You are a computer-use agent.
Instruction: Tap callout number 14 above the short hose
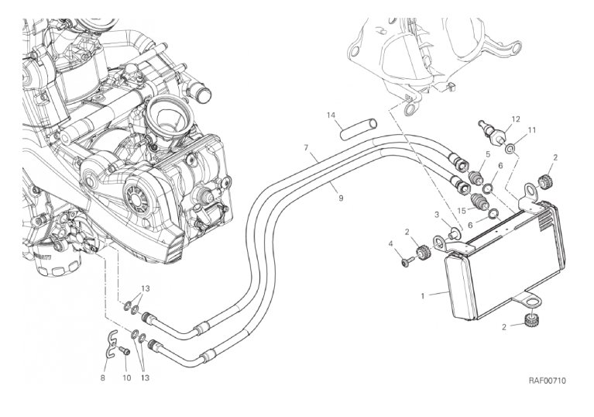pyautogui.click(x=331, y=115)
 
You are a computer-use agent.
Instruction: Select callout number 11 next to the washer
pyautogui.click(x=533, y=130)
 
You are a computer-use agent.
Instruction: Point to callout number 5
pyautogui.click(x=487, y=155)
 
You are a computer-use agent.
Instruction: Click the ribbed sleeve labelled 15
pyautogui.click(x=482, y=206)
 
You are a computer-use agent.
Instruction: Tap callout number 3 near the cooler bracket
pyautogui.click(x=437, y=215)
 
